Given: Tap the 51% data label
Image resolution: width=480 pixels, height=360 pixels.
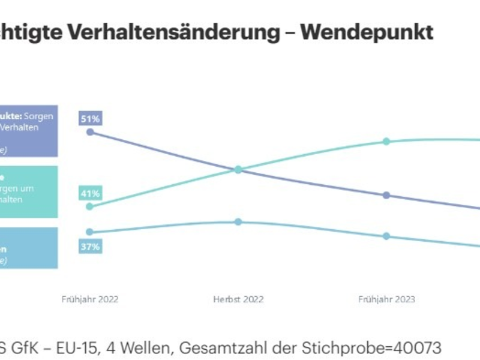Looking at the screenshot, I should tap(90, 118).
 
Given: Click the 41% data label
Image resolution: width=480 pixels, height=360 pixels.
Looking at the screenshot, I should tap(90, 193).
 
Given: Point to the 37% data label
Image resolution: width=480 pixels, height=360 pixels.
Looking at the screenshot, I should tap(90, 246).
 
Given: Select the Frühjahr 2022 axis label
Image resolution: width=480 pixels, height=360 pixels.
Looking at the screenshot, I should tap(90, 299).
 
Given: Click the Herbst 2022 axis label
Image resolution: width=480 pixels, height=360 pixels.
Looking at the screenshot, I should tap(238, 299).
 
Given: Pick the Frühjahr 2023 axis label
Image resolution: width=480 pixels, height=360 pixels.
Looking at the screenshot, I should tap(386, 299).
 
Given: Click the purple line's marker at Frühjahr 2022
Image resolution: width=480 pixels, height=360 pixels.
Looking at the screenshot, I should tap(90, 132).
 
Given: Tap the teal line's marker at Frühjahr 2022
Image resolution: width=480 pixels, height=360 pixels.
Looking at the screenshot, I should tap(90, 206).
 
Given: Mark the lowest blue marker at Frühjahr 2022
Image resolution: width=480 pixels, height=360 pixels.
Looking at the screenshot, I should tap(90, 232).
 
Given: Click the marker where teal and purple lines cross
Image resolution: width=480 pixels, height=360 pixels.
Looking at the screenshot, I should tap(238, 170).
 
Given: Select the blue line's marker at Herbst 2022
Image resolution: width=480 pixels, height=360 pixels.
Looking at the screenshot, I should tap(238, 222).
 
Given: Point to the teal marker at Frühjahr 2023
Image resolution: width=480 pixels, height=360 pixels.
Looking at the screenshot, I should tap(386, 142).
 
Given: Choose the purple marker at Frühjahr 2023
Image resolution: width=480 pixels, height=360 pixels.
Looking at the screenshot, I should tap(386, 195).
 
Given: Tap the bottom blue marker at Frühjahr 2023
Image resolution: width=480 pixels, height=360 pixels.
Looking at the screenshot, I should tap(386, 236).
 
